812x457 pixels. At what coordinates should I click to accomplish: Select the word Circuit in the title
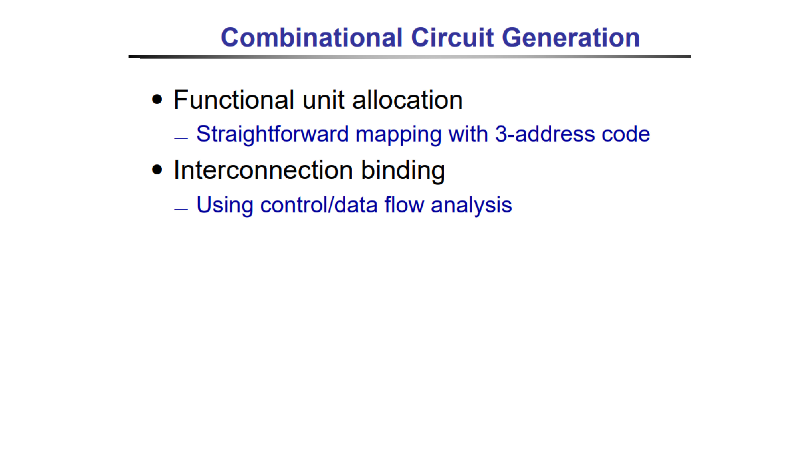coord(452,38)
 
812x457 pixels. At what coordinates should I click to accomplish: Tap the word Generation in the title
coord(571,38)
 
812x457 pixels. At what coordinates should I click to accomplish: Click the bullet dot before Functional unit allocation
coord(157,100)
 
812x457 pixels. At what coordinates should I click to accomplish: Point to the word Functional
coord(234,100)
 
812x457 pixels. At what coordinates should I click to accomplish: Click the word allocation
coord(407,100)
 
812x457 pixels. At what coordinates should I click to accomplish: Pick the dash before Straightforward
coord(181,138)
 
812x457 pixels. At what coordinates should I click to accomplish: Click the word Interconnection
coord(263,170)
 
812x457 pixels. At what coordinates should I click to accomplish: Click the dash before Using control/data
coord(181,209)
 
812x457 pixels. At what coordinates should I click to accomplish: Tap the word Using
coord(225,206)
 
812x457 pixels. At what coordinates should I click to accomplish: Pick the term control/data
coord(319,205)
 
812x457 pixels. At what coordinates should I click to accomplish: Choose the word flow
coord(404,205)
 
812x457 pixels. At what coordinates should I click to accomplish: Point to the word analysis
coord(471,206)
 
